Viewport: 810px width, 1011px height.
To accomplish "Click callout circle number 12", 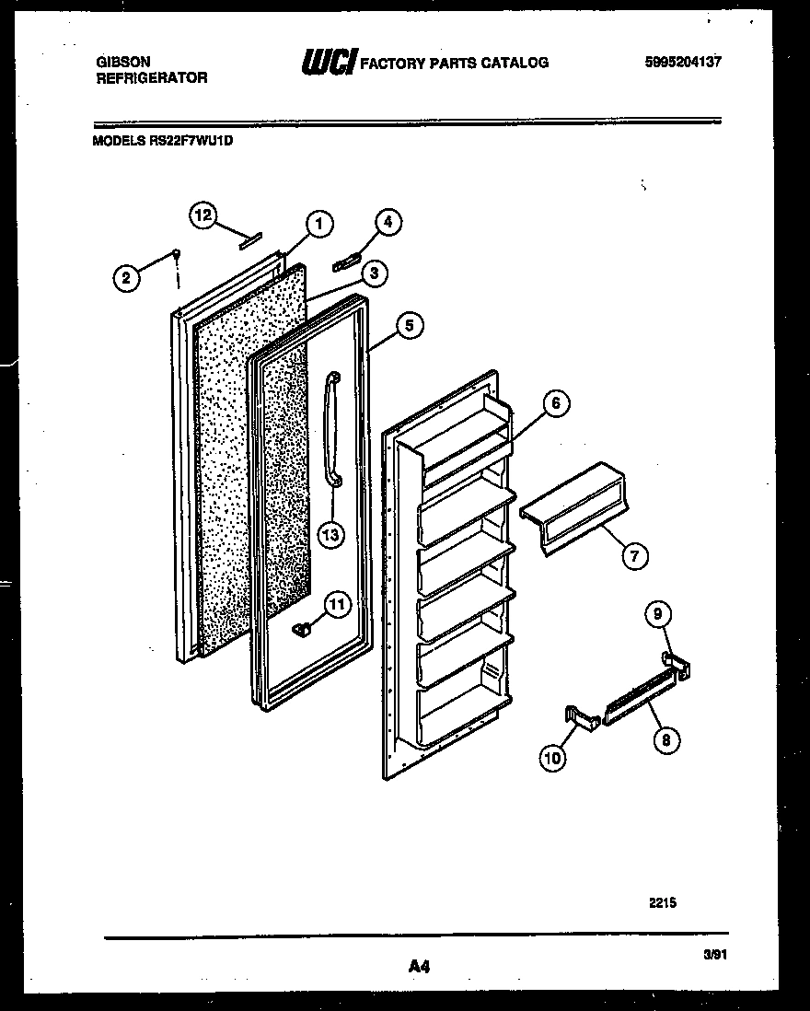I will [202, 215].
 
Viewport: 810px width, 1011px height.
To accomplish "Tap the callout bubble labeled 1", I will [318, 223].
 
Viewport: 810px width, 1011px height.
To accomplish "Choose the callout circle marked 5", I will [410, 324].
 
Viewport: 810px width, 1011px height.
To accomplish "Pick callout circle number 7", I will [634, 555].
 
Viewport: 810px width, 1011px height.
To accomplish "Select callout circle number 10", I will [554, 757].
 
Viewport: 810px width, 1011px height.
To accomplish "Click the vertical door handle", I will [331, 427].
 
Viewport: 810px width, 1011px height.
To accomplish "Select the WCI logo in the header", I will [329, 63].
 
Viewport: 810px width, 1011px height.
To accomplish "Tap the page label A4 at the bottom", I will [419, 967].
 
